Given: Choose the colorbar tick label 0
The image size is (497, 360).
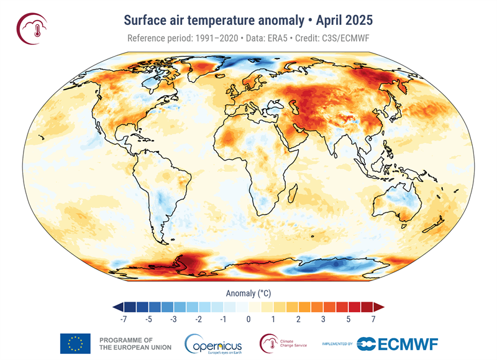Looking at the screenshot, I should (x=248, y=319).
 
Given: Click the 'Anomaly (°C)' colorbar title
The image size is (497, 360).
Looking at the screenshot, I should (x=248, y=292).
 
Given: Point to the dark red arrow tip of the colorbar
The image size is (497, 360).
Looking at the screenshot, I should (x=380, y=307).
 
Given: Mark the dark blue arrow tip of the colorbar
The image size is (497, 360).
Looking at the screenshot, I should (x=117, y=307).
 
